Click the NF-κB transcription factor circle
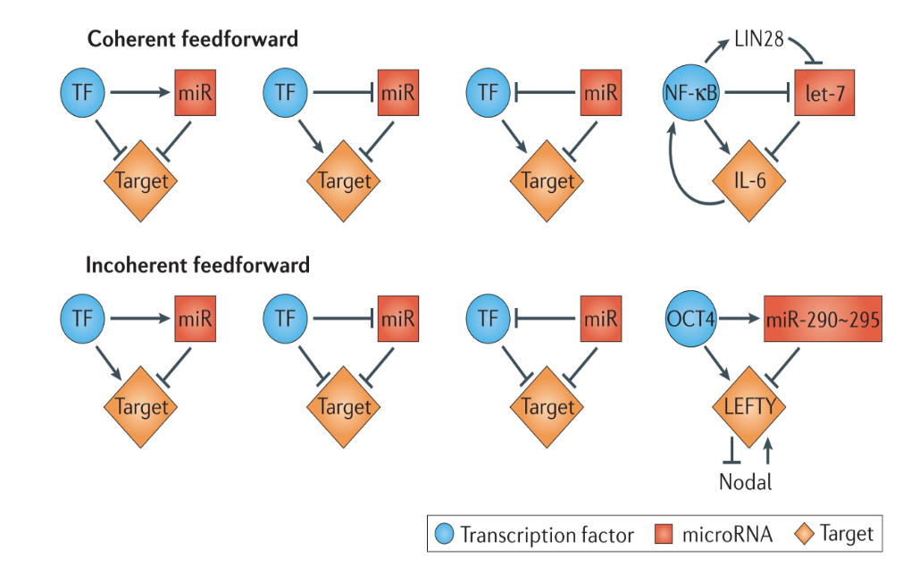(691, 91)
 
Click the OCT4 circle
(691, 317)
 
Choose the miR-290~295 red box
(823, 317)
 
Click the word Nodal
(745, 481)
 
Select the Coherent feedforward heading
(192, 39)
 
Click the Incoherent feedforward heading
(197, 265)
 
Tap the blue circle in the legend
(444, 535)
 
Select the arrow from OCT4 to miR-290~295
(740, 317)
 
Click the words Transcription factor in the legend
(547, 535)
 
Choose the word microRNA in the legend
(726, 535)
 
